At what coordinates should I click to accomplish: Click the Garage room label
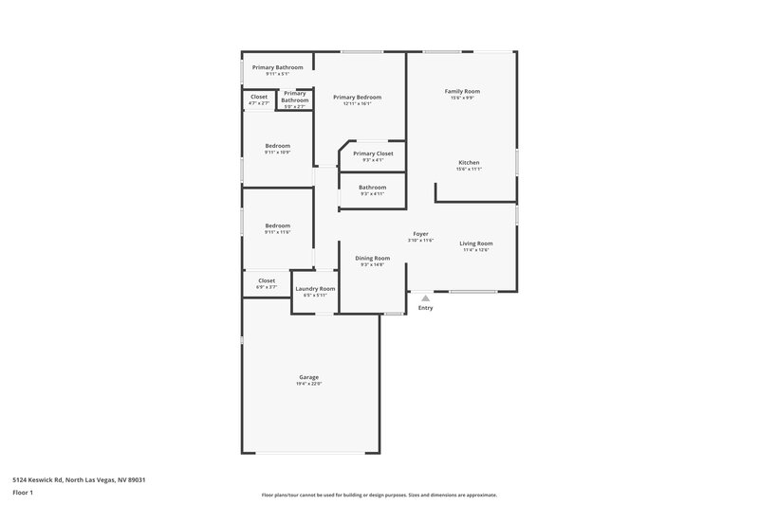pos(308,377)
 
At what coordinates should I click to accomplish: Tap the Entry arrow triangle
pos(425,298)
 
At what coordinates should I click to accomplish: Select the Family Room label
pos(463,91)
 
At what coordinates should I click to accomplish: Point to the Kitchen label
pos(469,163)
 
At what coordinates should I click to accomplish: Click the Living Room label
pos(476,243)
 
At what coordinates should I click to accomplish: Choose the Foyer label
pos(420,234)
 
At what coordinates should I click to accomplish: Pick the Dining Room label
pos(373,258)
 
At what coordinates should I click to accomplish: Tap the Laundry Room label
pos(315,288)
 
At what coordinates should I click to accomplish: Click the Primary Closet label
pos(373,153)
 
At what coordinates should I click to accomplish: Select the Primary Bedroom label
pos(358,98)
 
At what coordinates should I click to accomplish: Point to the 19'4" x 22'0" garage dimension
pos(308,384)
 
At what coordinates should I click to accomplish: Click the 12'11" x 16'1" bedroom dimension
pos(358,104)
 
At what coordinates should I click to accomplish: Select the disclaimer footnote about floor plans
pos(379,495)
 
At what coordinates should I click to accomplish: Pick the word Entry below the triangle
pos(425,308)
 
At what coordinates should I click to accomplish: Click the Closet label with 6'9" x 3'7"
pos(267,280)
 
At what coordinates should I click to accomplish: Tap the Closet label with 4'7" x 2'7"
pos(259,97)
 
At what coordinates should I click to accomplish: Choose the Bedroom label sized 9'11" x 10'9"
pos(278,146)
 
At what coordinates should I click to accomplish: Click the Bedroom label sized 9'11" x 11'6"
pos(278,225)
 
